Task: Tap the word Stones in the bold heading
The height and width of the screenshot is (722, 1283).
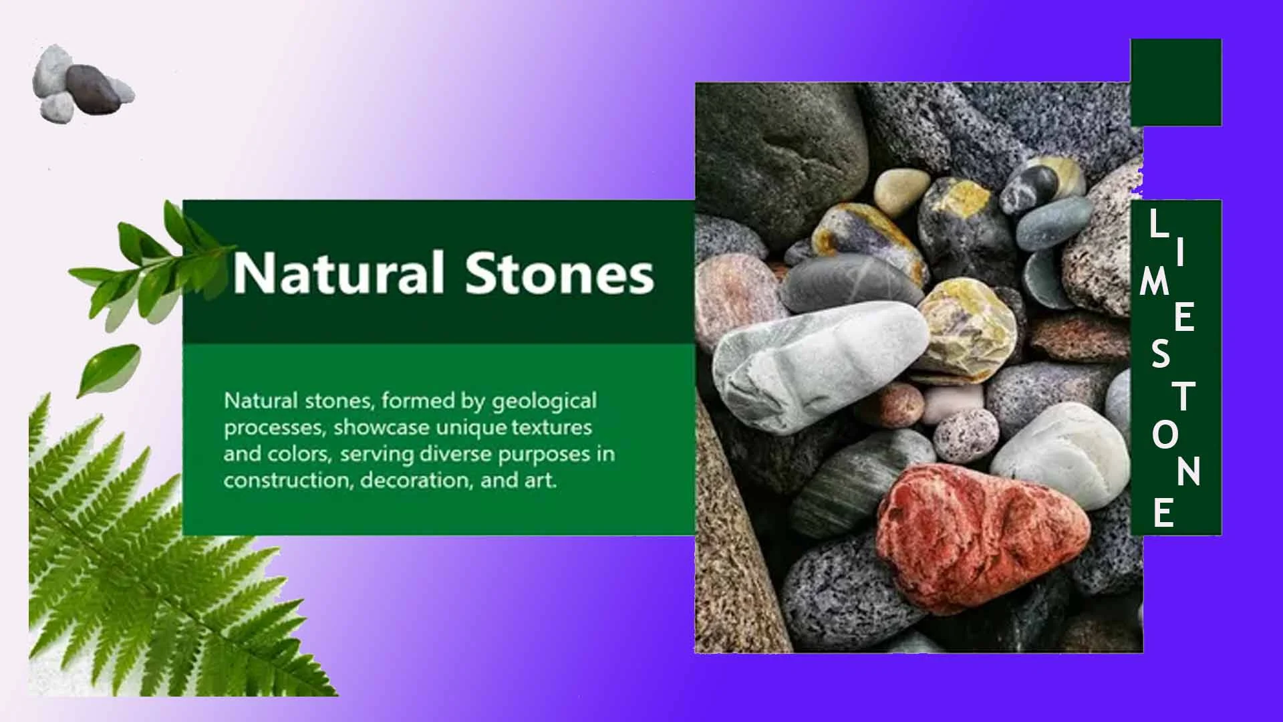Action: (560, 273)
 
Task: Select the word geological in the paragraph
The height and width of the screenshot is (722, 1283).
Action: (544, 402)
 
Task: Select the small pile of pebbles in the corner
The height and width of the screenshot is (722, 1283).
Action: (82, 85)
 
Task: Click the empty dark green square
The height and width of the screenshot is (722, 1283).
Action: (1176, 82)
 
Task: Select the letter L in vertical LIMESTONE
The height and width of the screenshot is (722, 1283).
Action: (1159, 223)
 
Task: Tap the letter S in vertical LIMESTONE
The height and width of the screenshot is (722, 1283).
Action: (1161, 354)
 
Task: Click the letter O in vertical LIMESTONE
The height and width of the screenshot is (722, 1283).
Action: (1165, 436)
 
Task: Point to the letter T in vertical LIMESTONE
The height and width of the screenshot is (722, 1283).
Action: (1185, 396)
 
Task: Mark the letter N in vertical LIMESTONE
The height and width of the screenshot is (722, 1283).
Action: (1189, 471)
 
